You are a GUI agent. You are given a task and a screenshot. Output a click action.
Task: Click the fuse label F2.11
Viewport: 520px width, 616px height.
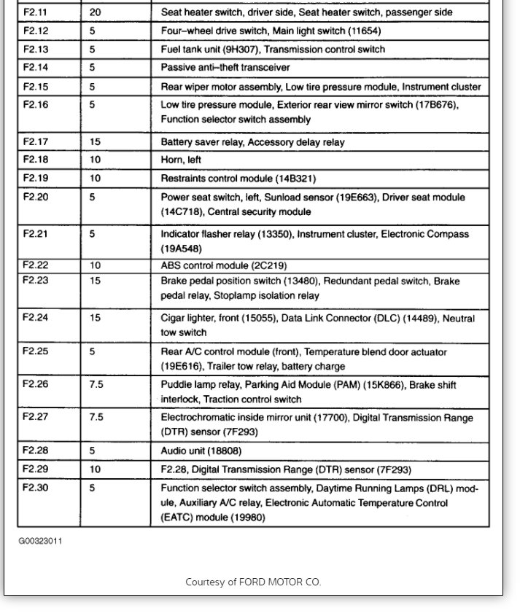point(35,12)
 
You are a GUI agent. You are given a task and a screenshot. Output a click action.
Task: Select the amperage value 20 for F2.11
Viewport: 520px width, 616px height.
point(96,12)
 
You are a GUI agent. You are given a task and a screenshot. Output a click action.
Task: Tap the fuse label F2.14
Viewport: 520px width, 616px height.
point(35,67)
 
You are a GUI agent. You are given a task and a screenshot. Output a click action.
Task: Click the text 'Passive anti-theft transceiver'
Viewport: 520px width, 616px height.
point(225,67)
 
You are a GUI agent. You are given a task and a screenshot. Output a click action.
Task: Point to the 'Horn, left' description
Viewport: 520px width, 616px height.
point(181,160)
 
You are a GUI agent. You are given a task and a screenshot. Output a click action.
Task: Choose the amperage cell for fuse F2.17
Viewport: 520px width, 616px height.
point(96,142)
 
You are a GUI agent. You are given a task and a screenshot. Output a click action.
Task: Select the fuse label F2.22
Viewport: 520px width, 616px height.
point(35,265)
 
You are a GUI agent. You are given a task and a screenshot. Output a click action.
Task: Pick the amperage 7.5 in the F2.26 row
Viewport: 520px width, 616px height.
point(96,384)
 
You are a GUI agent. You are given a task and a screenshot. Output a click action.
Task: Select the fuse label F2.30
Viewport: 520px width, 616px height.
point(35,488)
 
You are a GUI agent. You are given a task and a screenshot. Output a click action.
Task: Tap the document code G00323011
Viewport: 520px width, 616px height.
point(40,542)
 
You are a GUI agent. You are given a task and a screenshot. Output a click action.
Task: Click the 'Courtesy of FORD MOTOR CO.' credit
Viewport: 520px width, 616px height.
point(253,582)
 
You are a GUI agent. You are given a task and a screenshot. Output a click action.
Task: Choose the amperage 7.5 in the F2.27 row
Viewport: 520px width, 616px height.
point(96,418)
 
